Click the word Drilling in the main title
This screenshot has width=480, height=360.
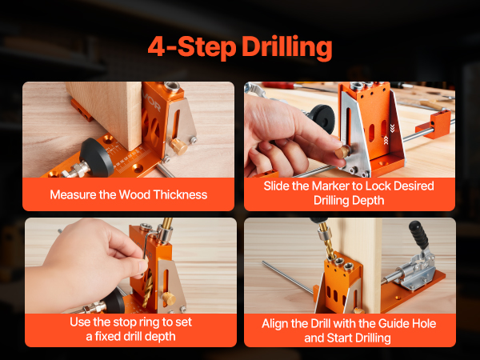(x=287, y=47)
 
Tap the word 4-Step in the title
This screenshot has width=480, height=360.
(x=192, y=46)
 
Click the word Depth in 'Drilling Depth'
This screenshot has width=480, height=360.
(x=369, y=201)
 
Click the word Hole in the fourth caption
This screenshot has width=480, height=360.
(x=424, y=323)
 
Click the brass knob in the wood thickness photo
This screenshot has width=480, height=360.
(x=178, y=146)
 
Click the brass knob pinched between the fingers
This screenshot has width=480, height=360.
(x=342, y=151)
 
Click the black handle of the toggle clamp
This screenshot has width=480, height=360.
(x=418, y=234)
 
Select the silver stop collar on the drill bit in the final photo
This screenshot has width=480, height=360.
(x=323, y=234)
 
